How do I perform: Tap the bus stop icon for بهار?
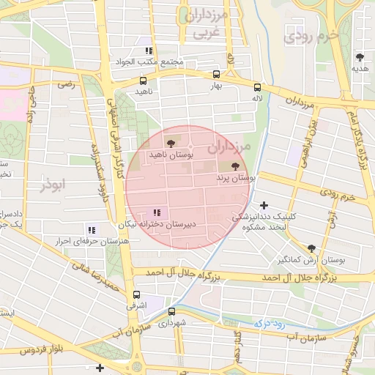tap(215, 75)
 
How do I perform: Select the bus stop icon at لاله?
tap(256, 86)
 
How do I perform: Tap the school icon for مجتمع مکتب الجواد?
tap(149, 51)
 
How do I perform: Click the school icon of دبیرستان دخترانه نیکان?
tap(157, 212)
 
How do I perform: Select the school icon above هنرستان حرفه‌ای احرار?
tap(92, 229)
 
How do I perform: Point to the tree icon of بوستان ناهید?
tap(171, 144)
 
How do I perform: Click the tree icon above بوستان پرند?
tap(234, 167)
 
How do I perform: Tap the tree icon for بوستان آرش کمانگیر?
tap(311, 249)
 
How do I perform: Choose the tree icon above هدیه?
tap(359, 56)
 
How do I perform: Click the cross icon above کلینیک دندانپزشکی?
tap(264, 205)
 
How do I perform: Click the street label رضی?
tap(67, 85)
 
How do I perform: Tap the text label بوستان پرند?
tap(235, 178)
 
